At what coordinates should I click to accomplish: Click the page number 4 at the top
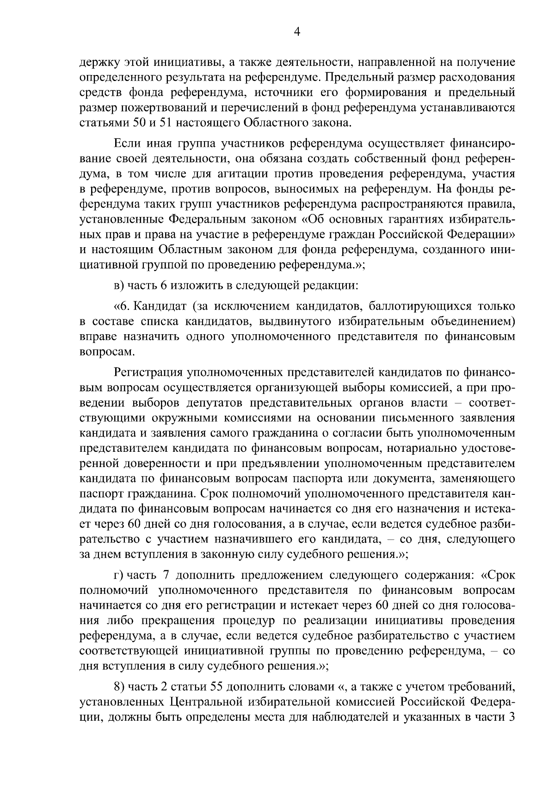(297, 32)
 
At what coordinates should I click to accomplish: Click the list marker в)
(119, 286)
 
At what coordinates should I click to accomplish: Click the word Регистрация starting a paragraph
(147, 372)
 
